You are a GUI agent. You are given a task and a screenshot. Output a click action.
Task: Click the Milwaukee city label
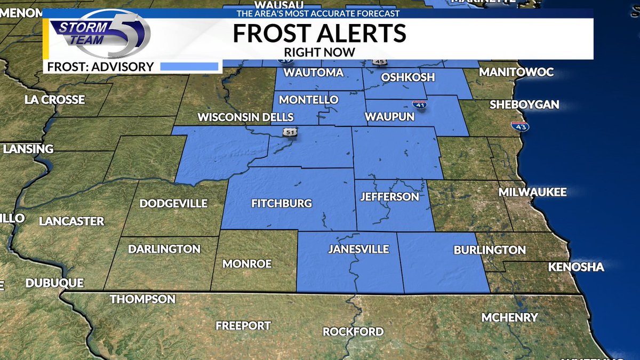pos(532,192)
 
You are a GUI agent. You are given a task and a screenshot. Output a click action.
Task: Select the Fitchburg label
pos(281,203)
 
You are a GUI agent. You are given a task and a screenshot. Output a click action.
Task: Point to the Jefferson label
pos(389,197)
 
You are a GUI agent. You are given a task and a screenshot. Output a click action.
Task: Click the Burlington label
pos(490,250)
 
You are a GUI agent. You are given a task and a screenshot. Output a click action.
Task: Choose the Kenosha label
pos(576,267)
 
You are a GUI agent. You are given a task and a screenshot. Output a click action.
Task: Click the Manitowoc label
pos(516,72)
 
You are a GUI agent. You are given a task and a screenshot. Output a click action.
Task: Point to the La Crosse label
pos(55,99)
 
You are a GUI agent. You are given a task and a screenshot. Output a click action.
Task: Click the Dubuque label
pos(54,283)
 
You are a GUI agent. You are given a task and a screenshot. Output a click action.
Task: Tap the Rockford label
pos(353,331)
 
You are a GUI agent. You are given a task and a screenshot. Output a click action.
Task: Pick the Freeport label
pos(243,325)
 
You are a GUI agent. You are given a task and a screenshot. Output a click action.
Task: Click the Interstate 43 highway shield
pos(516,127)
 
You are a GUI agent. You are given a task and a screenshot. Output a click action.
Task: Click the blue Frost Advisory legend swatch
pos(189,67)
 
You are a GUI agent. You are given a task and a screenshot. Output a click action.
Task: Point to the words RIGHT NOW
pos(319,52)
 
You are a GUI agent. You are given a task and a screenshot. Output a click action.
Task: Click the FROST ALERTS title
pos(319,34)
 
